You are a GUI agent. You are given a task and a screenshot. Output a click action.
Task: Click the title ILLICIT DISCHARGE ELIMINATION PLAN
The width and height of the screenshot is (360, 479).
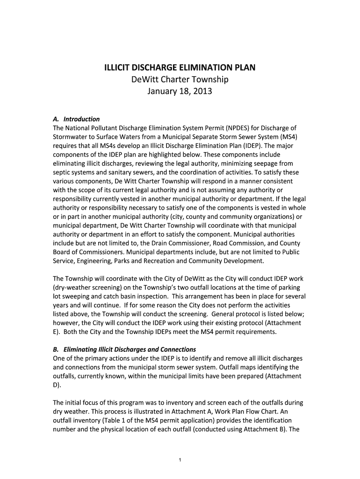(x=180, y=67)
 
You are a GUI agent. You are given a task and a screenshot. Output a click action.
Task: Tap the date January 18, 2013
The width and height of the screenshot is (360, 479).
(x=180, y=91)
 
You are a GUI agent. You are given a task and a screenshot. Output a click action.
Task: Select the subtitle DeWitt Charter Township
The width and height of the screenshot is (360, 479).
(x=180, y=80)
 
